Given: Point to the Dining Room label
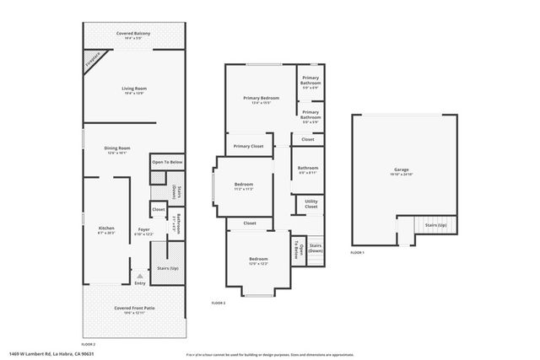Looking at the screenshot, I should click(117, 149).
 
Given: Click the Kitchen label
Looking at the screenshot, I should click(106, 229).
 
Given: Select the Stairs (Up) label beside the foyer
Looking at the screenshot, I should click(168, 267).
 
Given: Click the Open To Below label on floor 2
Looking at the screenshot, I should click(167, 162).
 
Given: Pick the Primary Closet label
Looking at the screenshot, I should click(248, 146).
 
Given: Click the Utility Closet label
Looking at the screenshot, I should click(310, 204).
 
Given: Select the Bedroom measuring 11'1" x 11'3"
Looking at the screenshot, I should click(243, 185).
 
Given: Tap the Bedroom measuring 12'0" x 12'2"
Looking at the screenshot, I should click(258, 261).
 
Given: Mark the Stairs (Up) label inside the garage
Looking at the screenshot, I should click(435, 227).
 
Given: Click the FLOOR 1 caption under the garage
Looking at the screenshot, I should click(358, 252).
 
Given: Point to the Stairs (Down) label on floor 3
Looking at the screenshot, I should click(316, 248).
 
